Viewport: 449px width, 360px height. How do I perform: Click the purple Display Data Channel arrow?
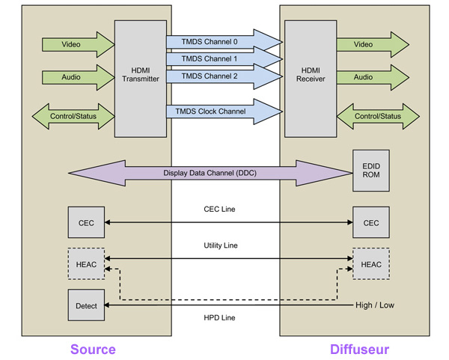pos(210,173)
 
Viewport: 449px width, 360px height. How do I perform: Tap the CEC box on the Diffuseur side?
pos(370,222)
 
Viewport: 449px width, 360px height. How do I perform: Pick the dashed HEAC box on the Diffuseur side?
pos(370,264)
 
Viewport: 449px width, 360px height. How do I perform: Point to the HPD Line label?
pos(219,318)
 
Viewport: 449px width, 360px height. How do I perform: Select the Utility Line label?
pos(219,245)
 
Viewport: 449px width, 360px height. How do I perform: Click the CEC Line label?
pos(219,210)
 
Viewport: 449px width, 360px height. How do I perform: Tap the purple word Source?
pos(93,349)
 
